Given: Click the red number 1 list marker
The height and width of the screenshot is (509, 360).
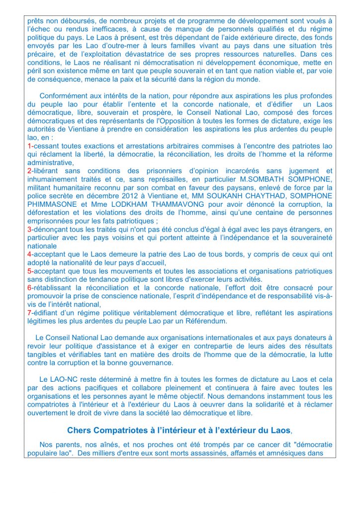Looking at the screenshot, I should click(x=29, y=146).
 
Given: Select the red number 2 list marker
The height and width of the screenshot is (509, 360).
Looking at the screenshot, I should click(x=29, y=170).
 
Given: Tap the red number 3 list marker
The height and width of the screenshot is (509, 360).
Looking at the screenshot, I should click(x=29, y=230).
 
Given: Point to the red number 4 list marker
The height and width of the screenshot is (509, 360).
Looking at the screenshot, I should click(x=29, y=254).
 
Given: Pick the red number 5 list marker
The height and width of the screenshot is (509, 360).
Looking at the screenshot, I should click(x=29, y=271).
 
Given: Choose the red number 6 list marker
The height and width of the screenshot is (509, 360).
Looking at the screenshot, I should click(x=29, y=288).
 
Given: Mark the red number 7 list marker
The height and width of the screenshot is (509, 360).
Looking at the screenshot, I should click(x=29, y=313).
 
